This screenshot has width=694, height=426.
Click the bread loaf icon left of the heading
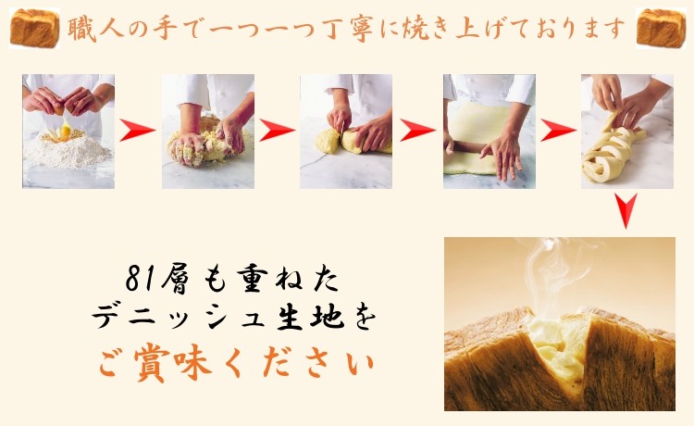tap(34, 29)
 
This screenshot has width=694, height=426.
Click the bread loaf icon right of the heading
tap(661, 29)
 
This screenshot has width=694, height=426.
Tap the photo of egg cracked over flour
tap(68, 132)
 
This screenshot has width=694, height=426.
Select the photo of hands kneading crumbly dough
tap(207, 132)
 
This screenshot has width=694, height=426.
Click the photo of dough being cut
tap(345, 132)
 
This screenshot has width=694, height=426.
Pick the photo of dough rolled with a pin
tap(489, 132)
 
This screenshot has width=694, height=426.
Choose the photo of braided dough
tap(626, 132)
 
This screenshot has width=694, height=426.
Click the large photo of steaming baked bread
tap(559, 324)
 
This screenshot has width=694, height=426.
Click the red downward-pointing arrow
tap(626, 214)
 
